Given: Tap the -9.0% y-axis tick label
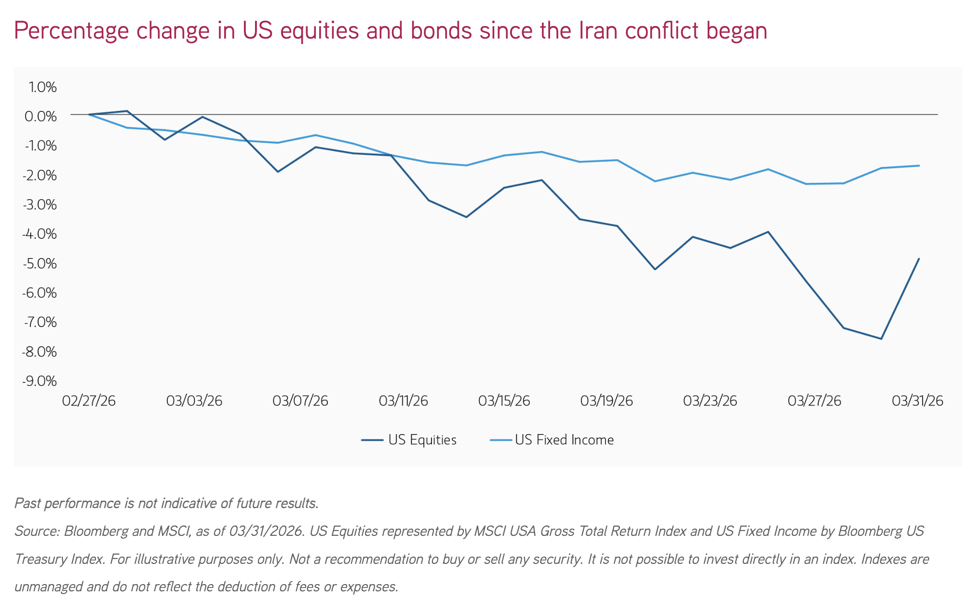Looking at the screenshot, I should [x=40, y=381].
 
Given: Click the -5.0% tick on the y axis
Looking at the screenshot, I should [x=40, y=264].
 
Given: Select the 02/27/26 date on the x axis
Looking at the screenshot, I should [x=89, y=401].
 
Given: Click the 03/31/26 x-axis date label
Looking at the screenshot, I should [x=917, y=401].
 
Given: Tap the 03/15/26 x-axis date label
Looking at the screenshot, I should [x=504, y=401].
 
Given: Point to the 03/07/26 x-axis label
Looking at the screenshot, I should [x=300, y=401].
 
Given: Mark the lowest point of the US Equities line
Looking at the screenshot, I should [x=881, y=339].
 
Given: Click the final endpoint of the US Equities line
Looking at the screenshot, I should [x=919, y=259].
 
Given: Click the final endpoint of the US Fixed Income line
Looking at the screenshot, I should [x=919, y=165].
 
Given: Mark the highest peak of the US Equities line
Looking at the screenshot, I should [x=127, y=111].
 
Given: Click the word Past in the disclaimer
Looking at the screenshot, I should [x=27, y=504].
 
